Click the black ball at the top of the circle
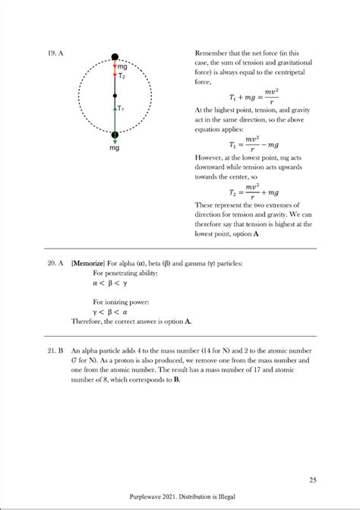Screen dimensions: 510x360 pyautogui.click(x=115, y=56)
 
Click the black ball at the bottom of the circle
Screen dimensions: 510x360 pyautogui.click(x=115, y=136)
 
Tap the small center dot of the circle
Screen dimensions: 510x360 pyautogui.click(x=115, y=96)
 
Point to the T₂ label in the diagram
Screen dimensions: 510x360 pyautogui.click(x=122, y=76)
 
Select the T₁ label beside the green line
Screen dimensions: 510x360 pyautogui.click(x=122, y=109)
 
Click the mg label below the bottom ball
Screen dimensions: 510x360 pyautogui.click(x=115, y=148)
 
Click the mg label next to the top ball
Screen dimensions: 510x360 pyautogui.click(x=122, y=67)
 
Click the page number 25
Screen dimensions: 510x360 pyautogui.click(x=313, y=479)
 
